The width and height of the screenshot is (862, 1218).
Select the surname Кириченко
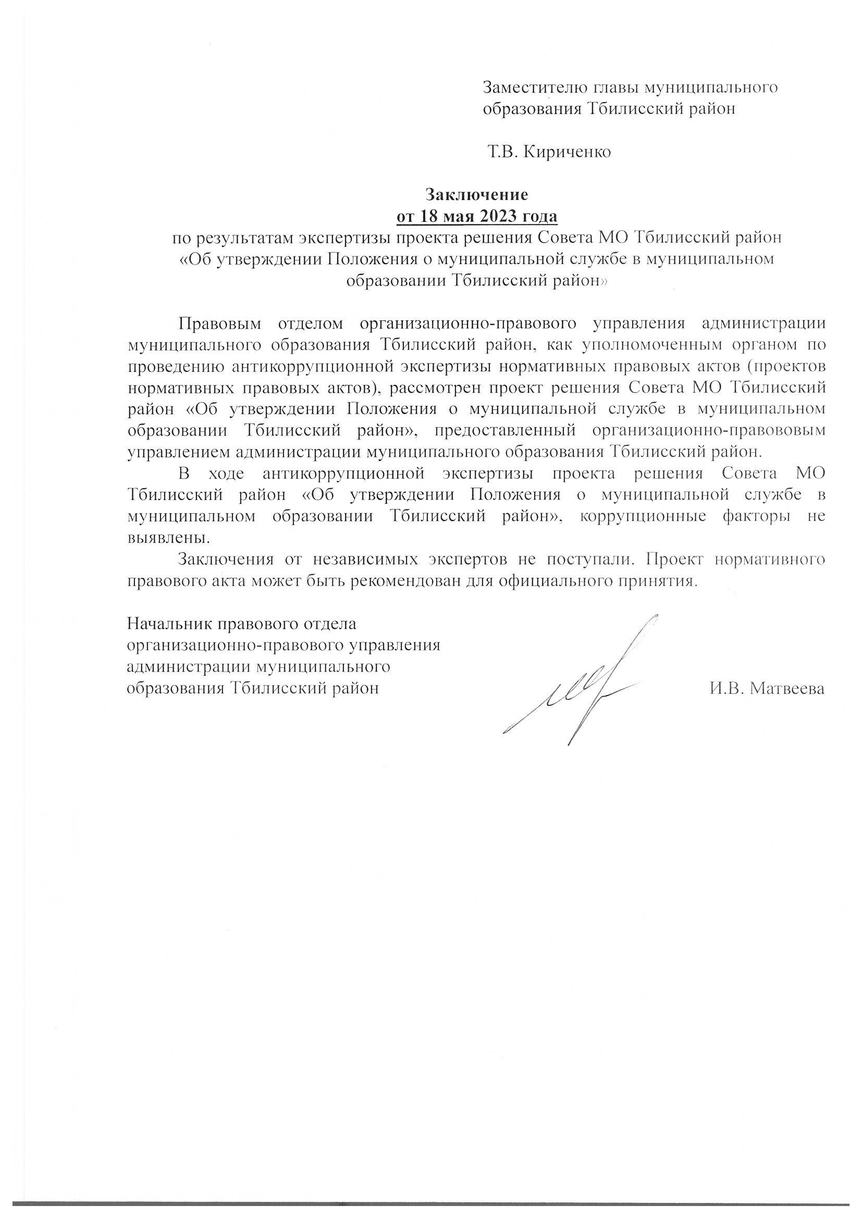[568, 152]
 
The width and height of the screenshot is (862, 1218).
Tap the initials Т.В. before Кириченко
[505, 152]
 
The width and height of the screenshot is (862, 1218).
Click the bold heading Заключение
[478, 195]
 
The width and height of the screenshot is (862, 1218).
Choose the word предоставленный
[507, 430]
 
